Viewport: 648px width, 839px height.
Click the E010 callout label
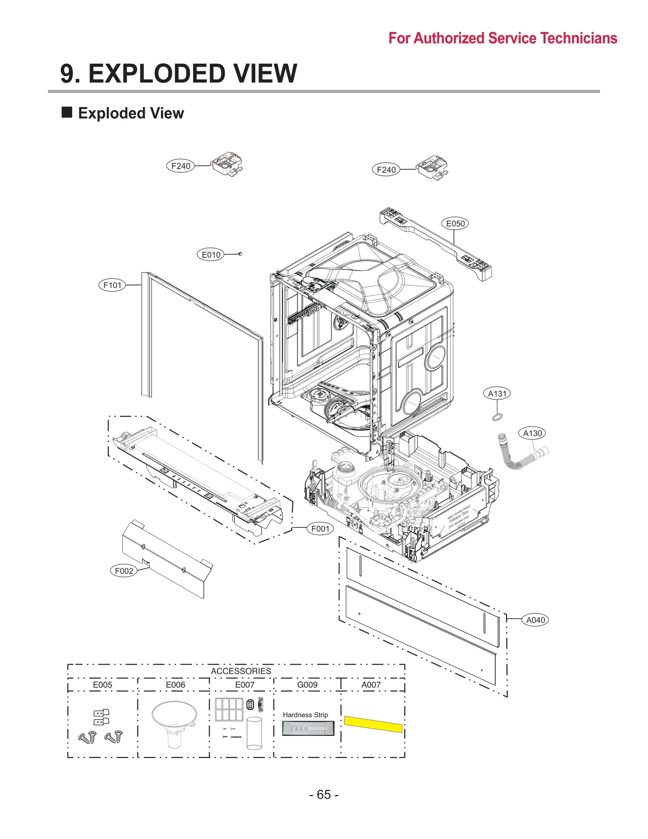(x=211, y=254)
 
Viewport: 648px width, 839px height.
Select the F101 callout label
(x=112, y=285)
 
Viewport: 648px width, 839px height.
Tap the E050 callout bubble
(x=455, y=223)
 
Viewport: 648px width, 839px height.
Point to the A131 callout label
(x=497, y=393)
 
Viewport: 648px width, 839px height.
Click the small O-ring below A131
(x=498, y=417)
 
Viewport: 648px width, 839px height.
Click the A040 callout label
(x=535, y=620)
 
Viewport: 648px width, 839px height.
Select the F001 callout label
(x=320, y=528)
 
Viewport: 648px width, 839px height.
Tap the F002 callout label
(x=124, y=571)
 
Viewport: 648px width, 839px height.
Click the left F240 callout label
(x=181, y=166)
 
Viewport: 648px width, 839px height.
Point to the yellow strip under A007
(x=373, y=724)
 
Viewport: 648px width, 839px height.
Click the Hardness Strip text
(x=305, y=715)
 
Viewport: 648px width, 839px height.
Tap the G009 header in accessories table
(x=307, y=684)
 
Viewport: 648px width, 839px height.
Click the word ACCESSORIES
(x=241, y=671)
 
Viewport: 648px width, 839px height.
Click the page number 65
(x=324, y=794)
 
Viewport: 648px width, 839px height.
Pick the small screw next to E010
(x=241, y=254)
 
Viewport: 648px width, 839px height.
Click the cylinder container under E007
(x=254, y=733)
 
